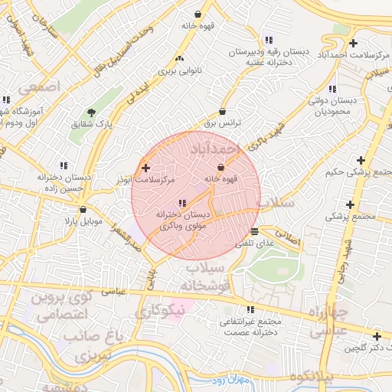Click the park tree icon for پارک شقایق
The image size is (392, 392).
pos(92,113)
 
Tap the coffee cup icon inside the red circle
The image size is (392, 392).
pos(221,168)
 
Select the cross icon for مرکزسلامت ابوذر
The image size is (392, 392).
pos(145,167)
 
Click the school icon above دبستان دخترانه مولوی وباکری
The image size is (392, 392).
pos(181,203)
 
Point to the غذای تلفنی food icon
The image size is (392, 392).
pos(254,230)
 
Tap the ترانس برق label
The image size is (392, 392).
pos(221,122)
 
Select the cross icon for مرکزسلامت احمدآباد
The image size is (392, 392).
pos(352,42)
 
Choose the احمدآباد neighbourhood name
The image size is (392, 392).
pos(238,147)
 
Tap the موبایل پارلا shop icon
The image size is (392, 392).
pos(83,209)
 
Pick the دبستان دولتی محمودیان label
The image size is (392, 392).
pos(334,106)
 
